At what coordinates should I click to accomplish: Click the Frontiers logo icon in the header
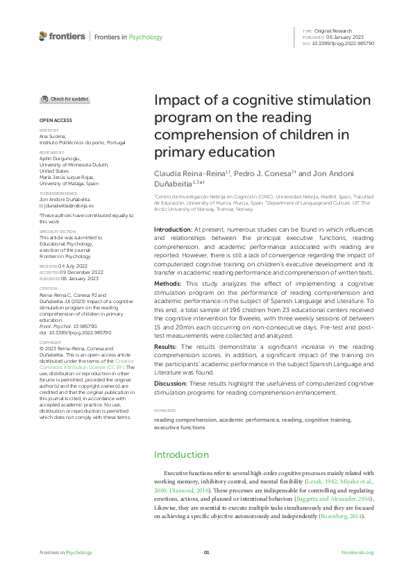click(x=44, y=36)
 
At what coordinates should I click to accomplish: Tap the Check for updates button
click(x=65, y=99)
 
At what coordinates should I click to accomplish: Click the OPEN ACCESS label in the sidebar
click(x=55, y=120)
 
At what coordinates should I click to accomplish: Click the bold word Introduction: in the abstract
click(x=173, y=229)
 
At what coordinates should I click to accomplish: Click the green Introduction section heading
click(x=181, y=455)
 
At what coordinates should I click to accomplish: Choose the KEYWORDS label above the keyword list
click(x=164, y=411)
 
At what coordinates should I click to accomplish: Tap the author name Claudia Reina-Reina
click(x=185, y=171)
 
